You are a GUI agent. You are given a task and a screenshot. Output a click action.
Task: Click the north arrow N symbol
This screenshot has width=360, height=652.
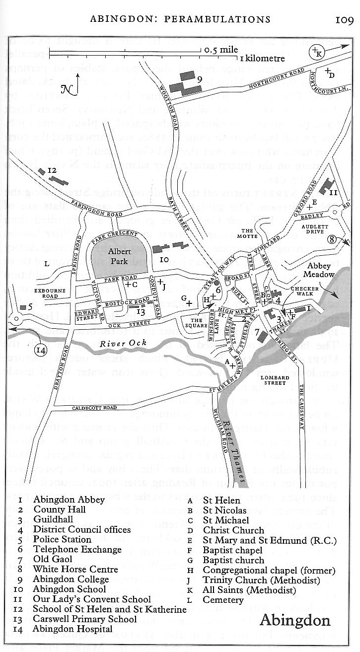(x=67, y=89)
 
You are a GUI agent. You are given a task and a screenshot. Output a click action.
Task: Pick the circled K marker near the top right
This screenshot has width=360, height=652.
(x=316, y=52)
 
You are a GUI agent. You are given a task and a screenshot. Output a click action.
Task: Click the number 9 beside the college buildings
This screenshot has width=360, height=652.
(x=199, y=78)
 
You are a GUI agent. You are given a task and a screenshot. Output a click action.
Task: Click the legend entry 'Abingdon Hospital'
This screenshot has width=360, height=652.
(x=72, y=629)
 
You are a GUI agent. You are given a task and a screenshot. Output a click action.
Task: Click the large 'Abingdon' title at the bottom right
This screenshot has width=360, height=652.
(x=294, y=620)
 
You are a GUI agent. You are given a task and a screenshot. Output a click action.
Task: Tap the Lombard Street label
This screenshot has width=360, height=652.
(x=277, y=380)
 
